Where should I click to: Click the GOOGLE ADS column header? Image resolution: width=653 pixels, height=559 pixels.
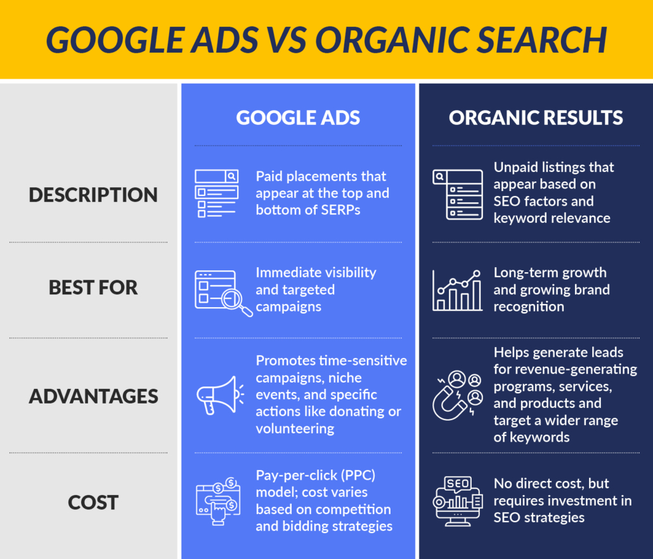(298, 117)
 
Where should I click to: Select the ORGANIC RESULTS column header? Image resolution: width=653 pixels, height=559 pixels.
(536, 117)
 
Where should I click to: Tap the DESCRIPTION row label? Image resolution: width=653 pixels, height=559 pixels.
(93, 194)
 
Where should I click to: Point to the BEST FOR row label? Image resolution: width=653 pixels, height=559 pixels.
(93, 287)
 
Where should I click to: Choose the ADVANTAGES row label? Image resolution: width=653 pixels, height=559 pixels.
(93, 396)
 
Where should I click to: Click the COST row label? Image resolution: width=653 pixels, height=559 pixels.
(93, 502)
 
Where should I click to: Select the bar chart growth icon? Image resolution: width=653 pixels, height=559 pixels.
(456, 290)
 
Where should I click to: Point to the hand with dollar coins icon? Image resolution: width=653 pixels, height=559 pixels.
(217, 500)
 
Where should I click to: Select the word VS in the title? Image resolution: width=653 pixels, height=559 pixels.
(286, 39)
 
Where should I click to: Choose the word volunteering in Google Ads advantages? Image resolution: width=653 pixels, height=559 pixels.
(295, 428)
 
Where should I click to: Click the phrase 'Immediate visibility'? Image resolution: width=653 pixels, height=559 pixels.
(316, 272)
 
